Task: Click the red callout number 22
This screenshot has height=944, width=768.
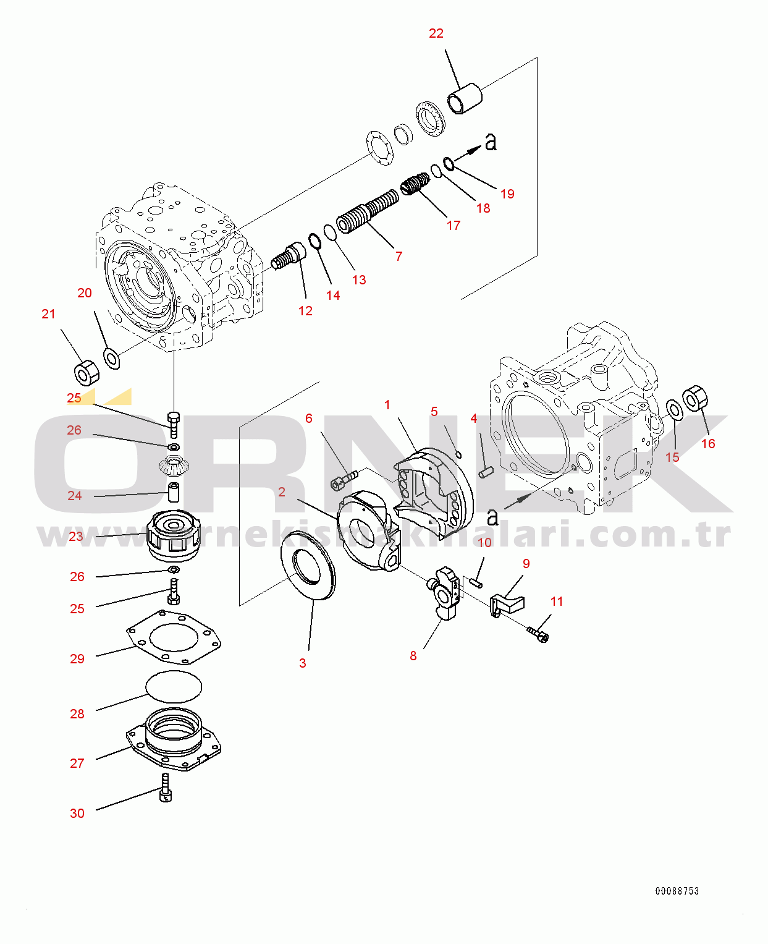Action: [436, 33]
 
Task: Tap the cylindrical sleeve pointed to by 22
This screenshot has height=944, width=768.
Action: [465, 98]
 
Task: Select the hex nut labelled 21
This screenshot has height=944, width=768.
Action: [86, 372]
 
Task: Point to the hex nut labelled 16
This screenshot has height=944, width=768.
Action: [695, 398]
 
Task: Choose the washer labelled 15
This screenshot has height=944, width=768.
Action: [675, 409]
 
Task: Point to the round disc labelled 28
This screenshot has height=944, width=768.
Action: [174, 686]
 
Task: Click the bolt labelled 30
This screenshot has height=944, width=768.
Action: [165, 789]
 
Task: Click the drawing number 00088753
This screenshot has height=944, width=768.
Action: [677, 891]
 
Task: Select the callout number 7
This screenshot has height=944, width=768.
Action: [399, 256]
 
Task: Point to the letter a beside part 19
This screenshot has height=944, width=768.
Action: [491, 142]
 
